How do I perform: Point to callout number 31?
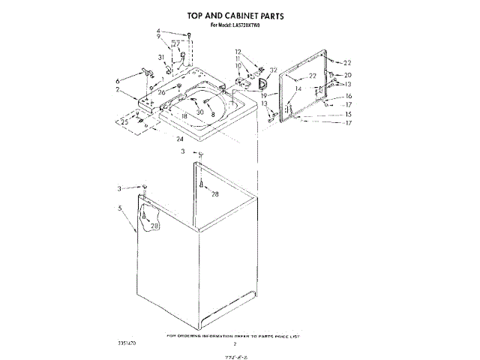(x=160, y=58)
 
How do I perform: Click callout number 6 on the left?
(x=118, y=80)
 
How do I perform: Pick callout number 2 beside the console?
(x=118, y=90)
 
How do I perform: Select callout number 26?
(x=161, y=92)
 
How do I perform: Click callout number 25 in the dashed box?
(x=124, y=121)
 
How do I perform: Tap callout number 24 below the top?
(x=180, y=139)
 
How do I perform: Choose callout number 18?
(x=184, y=115)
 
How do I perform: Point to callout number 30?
(x=200, y=112)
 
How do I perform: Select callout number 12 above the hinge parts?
(x=238, y=52)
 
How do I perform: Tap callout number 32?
(x=274, y=68)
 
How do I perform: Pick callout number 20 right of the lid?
(x=347, y=76)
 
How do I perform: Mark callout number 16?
(x=348, y=97)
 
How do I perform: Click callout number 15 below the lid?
(x=347, y=114)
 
